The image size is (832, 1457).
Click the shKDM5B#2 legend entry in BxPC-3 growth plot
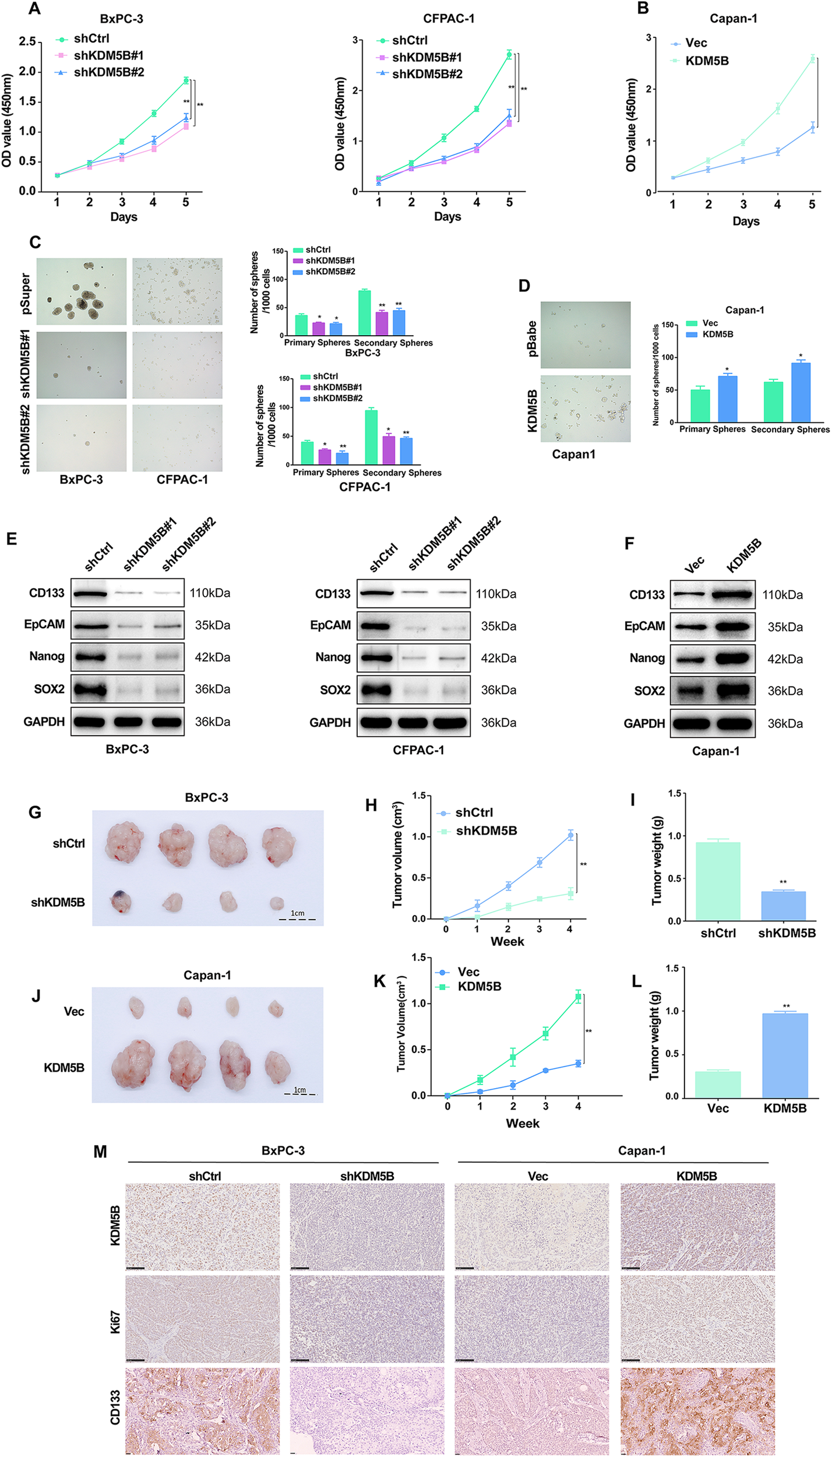coord(108,72)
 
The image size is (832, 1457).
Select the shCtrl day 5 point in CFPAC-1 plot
coord(509,55)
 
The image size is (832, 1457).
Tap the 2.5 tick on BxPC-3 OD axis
coord(27,41)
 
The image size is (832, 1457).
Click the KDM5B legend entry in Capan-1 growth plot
coord(707,61)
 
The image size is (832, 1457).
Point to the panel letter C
coord(35,242)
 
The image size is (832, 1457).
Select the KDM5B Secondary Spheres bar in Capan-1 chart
coord(801,392)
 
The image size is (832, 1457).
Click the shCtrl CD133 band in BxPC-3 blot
coord(89,594)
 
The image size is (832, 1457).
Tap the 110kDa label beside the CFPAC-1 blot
coord(496,594)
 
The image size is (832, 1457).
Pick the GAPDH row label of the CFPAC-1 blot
coord(330,723)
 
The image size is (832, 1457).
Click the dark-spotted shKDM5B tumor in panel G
coord(121,902)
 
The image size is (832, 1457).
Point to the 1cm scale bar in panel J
coord(299,1093)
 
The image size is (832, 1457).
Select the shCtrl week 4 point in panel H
coord(570,835)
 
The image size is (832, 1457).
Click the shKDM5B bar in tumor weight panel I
coord(783,906)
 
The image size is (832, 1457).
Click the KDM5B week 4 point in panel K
coord(578,997)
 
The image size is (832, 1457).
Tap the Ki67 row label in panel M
coord(115,1322)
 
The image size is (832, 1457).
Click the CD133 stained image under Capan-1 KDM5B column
coord(697,1411)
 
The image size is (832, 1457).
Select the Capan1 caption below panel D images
coord(573,455)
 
